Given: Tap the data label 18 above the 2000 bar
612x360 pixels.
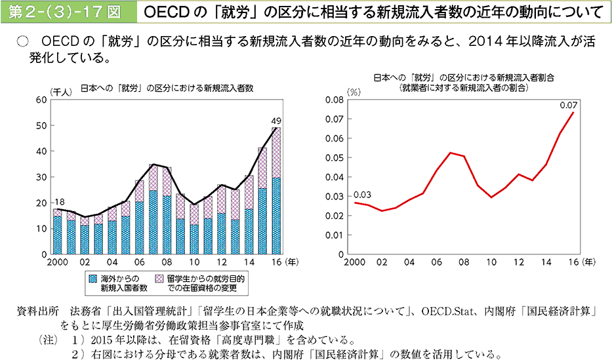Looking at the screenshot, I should [x=58, y=201].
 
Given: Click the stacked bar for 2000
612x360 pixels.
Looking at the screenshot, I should [x=58, y=231].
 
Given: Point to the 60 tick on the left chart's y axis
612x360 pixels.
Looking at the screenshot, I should [x=42, y=100].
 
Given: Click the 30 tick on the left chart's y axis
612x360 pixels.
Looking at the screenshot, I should [x=42, y=177].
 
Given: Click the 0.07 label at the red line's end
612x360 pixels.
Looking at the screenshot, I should [x=568, y=105].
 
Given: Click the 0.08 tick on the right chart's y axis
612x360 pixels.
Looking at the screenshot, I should [x=335, y=100].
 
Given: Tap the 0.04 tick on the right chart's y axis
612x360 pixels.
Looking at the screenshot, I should [x=335, y=177].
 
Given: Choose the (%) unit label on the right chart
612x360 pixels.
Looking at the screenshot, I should [x=354, y=91].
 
